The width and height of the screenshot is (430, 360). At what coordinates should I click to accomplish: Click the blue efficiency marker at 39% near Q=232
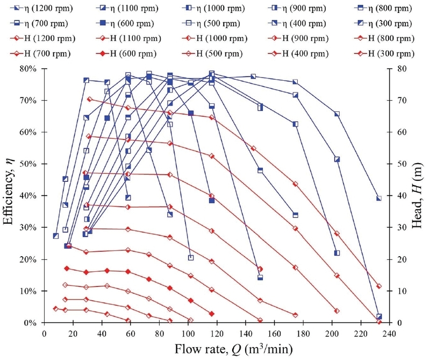pyautogui.click(x=379, y=199)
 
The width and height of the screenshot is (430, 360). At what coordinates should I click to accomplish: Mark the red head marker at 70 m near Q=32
pyautogui.click(x=90, y=99)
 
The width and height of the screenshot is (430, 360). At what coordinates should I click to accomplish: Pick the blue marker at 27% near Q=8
pyautogui.click(x=56, y=236)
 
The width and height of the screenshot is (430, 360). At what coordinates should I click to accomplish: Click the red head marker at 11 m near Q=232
pyautogui.click(x=379, y=286)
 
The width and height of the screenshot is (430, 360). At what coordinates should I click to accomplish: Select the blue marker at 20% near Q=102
pyautogui.click(x=191, y=258)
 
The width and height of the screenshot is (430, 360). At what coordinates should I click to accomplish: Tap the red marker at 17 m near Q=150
pyautogui.click(x=260, y=269)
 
